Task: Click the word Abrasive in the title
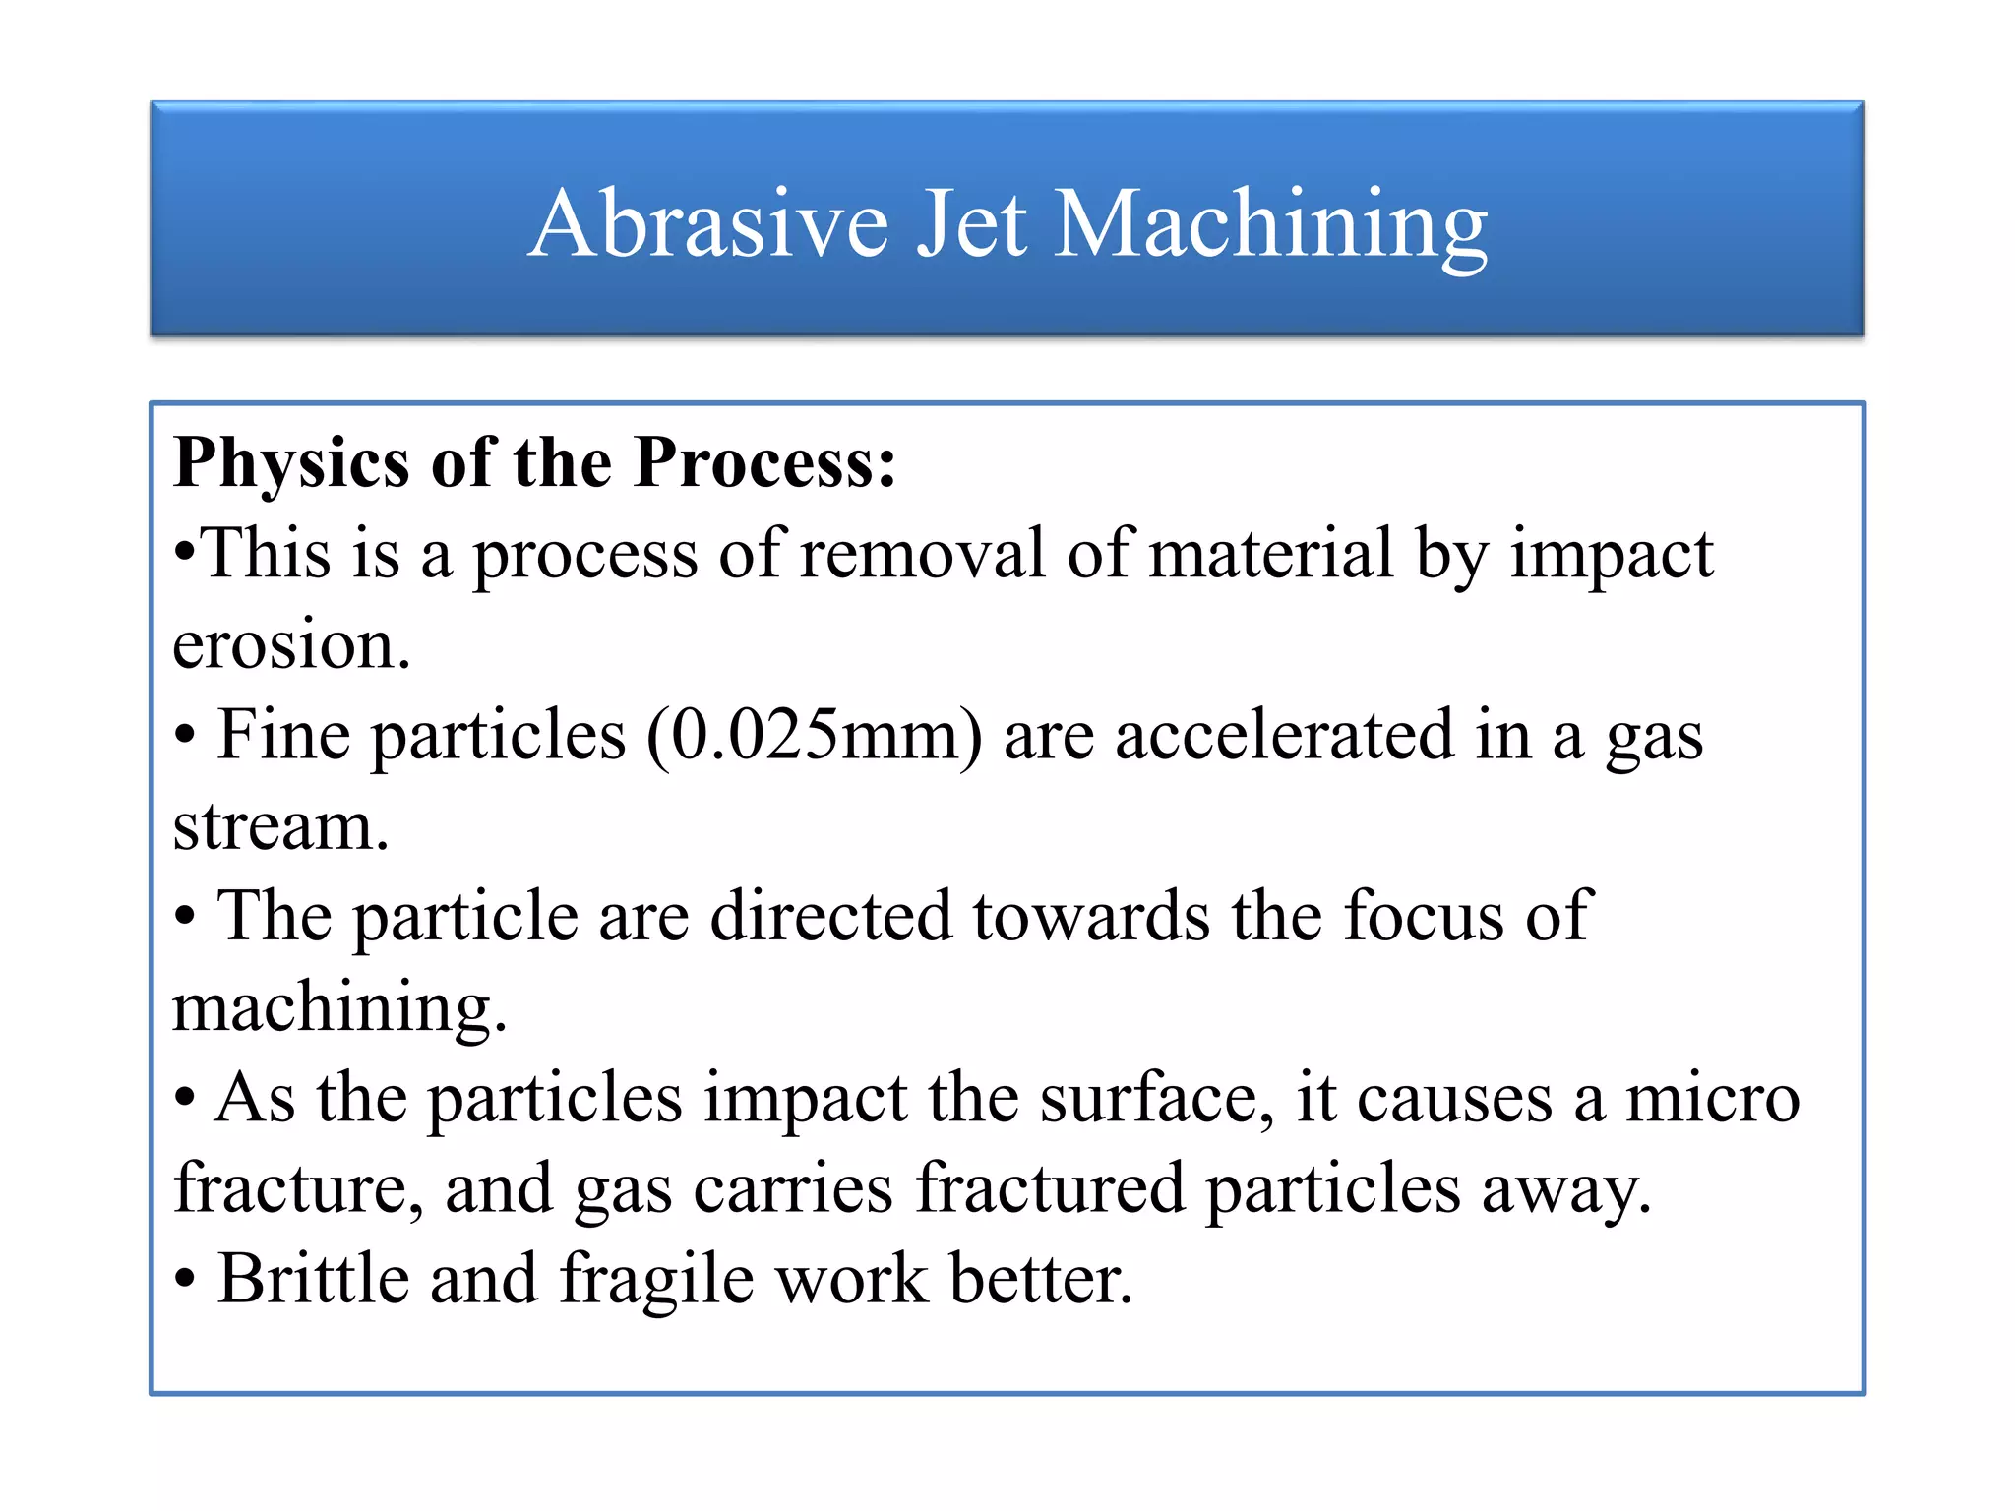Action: tap(708, 224)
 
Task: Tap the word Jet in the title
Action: tap(972, 224)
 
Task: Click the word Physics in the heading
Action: tap(291, 463)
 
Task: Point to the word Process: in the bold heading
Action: tap(764, 463)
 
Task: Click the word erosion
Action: tap(291, 645)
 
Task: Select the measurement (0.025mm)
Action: tap(814, 736)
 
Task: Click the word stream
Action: tap(280, 826)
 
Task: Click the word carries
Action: tap(793, 1189)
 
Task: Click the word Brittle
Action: tap(314, 1280)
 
